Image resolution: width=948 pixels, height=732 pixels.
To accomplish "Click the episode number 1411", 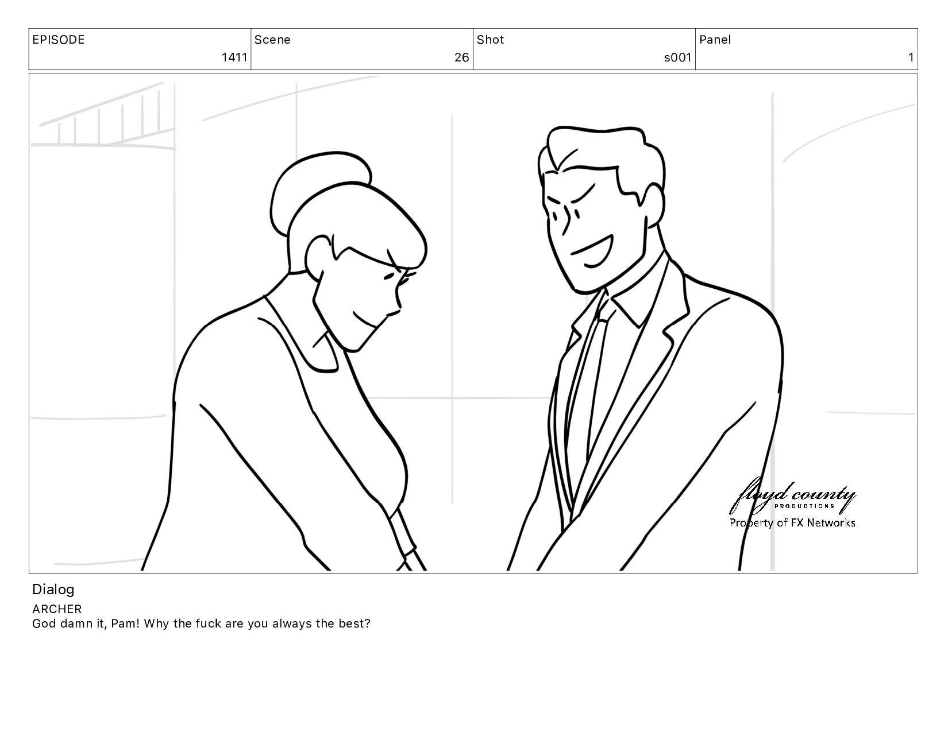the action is tap(234, 57).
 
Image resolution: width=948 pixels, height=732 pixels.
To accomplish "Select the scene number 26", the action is tap(461, 57).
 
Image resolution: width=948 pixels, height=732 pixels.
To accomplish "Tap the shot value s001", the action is tap(677, 57).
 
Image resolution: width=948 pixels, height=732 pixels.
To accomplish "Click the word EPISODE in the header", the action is tap(59, 40).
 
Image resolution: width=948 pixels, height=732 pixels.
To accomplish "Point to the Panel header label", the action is tap(715, 40).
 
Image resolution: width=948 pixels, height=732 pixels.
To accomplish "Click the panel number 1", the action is tap(911, 57).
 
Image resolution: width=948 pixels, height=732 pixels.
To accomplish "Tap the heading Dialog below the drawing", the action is tap(53, 590).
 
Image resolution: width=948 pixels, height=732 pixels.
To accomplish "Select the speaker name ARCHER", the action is tap(57, 609).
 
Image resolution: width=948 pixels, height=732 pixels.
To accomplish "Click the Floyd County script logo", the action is tap(792, 495).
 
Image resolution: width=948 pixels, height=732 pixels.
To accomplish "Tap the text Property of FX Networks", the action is tap(792, 522).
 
